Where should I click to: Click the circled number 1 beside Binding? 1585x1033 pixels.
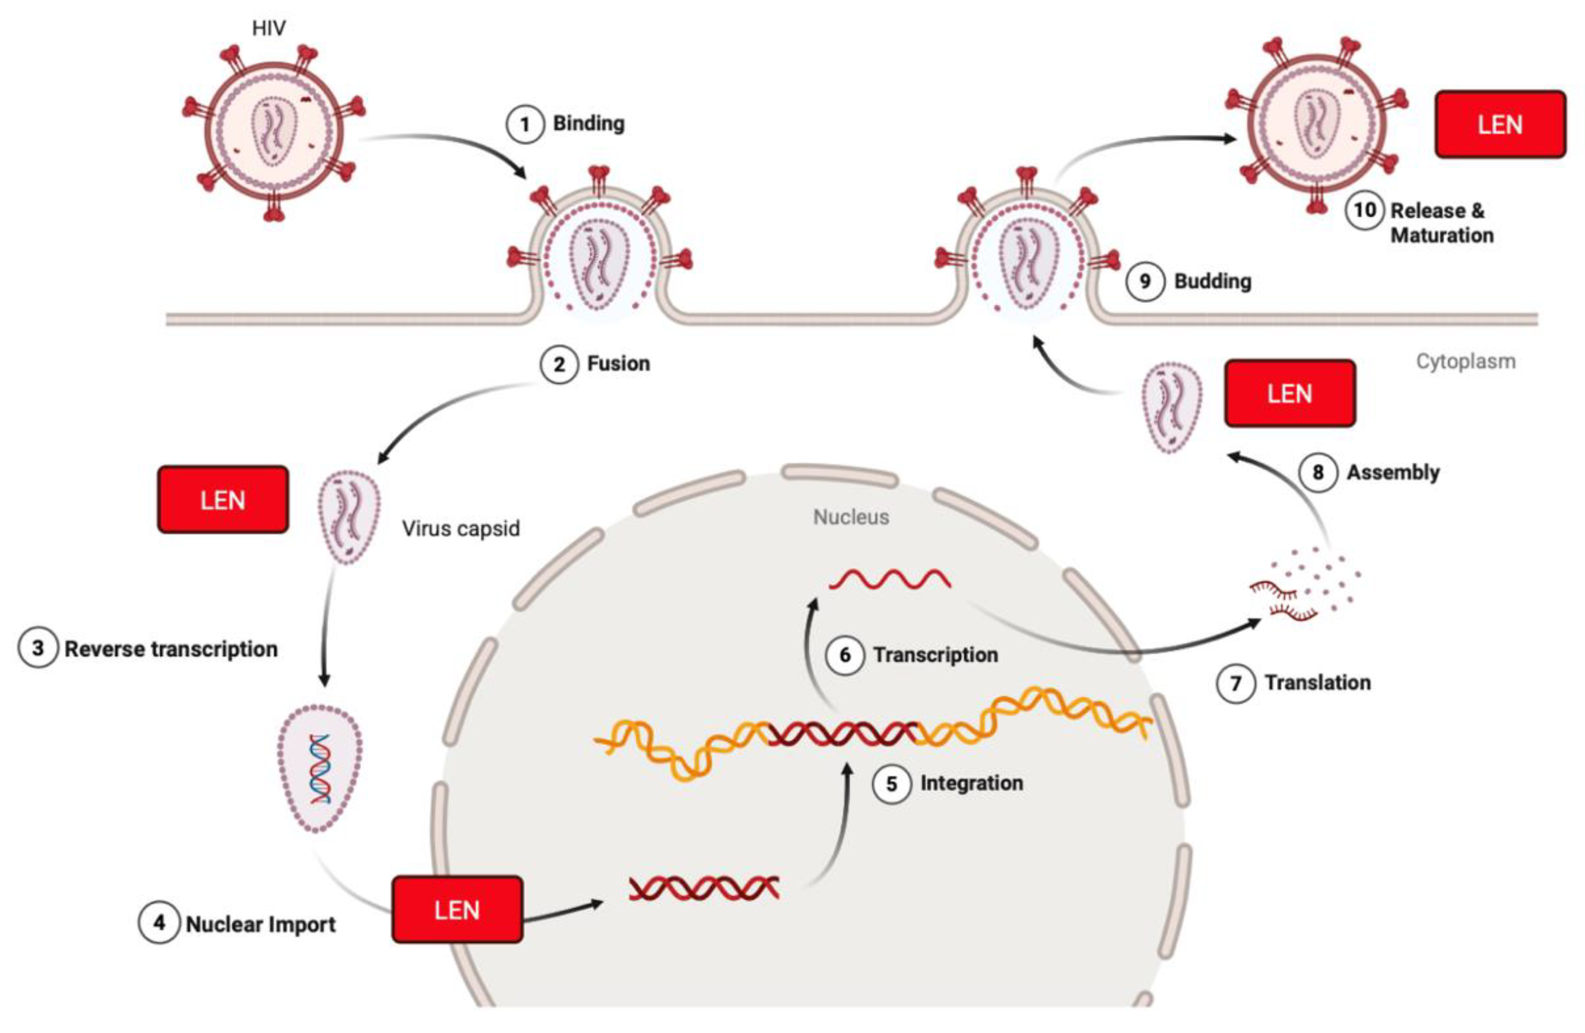point(525,125)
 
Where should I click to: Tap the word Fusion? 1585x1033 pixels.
point(618,363)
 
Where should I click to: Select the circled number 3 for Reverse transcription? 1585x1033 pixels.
point(38,648)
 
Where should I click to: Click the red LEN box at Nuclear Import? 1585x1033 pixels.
point(457,909)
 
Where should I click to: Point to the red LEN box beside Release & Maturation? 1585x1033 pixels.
point(1500,125)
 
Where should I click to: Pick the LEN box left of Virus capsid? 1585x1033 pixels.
point(222,500)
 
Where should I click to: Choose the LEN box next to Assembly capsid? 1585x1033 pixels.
point(1289,393)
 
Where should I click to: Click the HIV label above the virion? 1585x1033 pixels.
point(269,28)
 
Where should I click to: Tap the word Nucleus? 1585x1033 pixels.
point(851,517)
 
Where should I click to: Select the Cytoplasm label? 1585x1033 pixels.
point(1465,361)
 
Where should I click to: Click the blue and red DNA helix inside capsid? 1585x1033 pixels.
point(320,769)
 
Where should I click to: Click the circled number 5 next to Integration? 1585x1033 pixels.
point(891,784)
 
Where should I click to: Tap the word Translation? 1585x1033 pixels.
point(1317,682)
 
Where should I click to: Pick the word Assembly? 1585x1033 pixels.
point(1393,472)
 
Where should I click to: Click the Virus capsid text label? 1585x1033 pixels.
point(460,529)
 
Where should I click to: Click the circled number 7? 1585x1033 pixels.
point(1236,684)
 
